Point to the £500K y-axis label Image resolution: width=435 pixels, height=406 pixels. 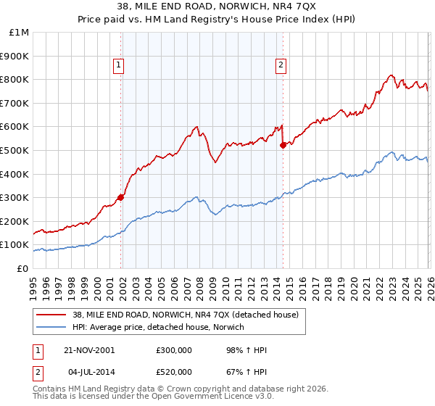[x=15, y=150]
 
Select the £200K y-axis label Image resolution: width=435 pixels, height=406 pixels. [x=15, y=221]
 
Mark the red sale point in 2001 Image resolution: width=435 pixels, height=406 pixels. [x=121, y=197]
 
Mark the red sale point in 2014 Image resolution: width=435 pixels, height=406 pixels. [x=282, y=145]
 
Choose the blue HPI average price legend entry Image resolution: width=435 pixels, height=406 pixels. [x=158, y=328]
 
